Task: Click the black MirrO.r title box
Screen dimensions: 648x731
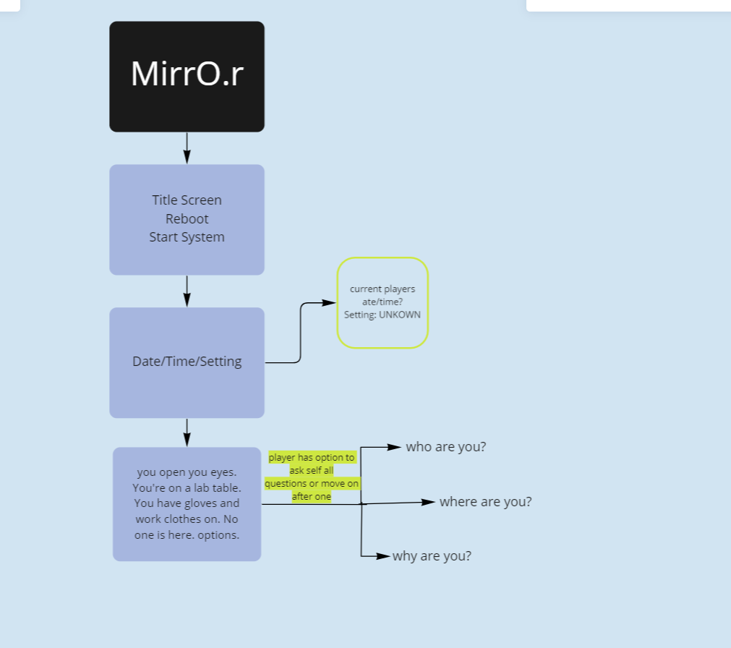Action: pos(187,77)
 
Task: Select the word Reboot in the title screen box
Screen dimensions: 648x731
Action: pos(187,218)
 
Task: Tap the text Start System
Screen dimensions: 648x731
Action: pos(187,237)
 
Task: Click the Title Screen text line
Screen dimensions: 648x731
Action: pos(187,200)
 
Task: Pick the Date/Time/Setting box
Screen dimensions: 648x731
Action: pos(187,362)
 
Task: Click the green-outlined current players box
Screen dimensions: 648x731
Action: pos(382,302)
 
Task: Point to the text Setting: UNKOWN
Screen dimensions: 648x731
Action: pos(382,315)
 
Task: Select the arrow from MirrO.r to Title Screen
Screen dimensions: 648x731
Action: pos(187,148)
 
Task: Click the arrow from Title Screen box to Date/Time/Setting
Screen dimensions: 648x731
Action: pos(187,291)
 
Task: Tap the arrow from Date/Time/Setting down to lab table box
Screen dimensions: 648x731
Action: pos(187,432)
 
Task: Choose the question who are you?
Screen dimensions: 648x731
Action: pos(446,447)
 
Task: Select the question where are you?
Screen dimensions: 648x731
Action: pos(485,502)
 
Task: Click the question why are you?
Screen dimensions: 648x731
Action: pos(432,556)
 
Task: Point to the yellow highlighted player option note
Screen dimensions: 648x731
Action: pos(312,477)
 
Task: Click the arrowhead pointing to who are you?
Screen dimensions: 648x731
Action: pos(394,447)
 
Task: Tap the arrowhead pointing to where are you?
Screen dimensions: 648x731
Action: pos(428,502)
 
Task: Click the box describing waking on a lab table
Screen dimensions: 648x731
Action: pos(187,504)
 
